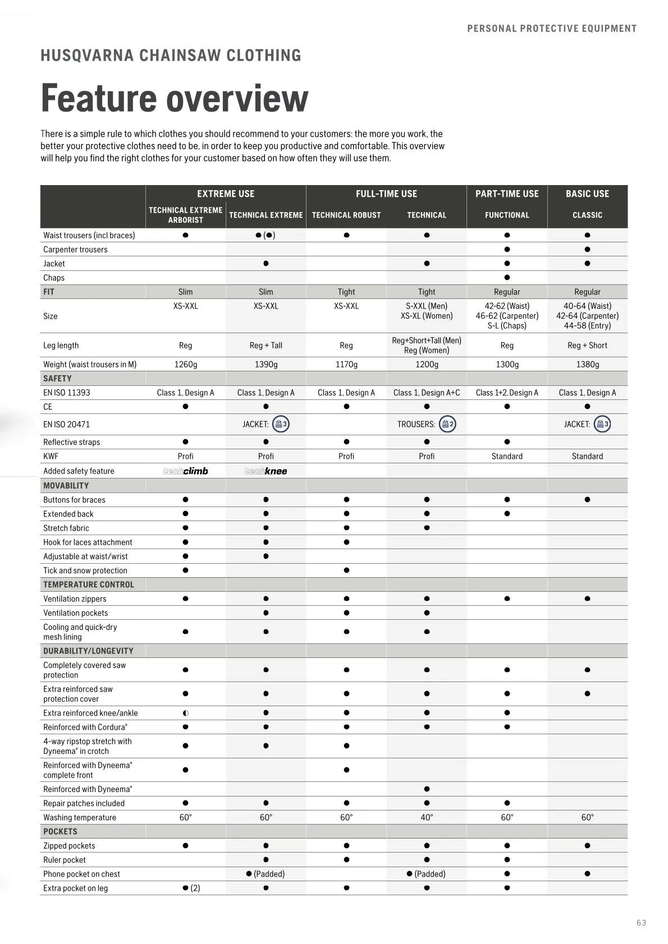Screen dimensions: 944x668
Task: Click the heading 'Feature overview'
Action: tap(174, 98)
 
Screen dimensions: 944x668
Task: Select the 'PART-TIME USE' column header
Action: tap(507, 194)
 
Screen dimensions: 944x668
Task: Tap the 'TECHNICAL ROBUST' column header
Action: tap(346, 215)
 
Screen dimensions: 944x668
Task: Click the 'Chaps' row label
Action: tap(54, 278)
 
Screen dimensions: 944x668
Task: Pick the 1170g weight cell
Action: tap(346, 364)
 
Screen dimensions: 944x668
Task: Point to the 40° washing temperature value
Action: tap(427, 817)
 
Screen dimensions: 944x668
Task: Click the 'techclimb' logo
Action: tap(185, 471)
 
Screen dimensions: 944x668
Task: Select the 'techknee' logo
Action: tap(266, 471)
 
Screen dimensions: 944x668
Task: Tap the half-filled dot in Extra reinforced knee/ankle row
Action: tap(186, 713)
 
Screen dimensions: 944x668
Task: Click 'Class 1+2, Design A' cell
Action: tap(507, 393)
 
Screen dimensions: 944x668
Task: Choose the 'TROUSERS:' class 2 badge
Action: tap(447, 424)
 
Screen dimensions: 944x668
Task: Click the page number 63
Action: tap(642, 923)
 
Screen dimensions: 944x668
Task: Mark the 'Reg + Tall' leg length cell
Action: tap(266, 346)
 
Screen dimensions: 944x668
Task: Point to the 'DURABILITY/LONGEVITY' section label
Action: tap(88, 651)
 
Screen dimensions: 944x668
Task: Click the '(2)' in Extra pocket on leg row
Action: tap(195, 888)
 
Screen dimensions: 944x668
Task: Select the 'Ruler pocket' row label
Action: tap(65, 860)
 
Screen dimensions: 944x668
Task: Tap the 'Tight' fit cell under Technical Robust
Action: tap(346, 292)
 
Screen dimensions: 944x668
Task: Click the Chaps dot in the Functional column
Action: tap(507, 278)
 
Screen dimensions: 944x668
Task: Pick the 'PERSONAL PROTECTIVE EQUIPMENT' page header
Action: tap(552, 29)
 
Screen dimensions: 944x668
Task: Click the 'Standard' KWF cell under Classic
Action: tap(587, 456)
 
